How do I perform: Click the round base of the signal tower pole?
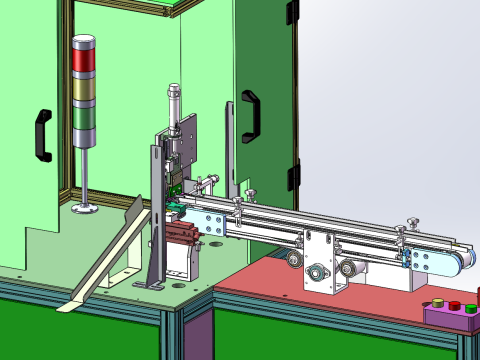[x=84, y=208]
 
